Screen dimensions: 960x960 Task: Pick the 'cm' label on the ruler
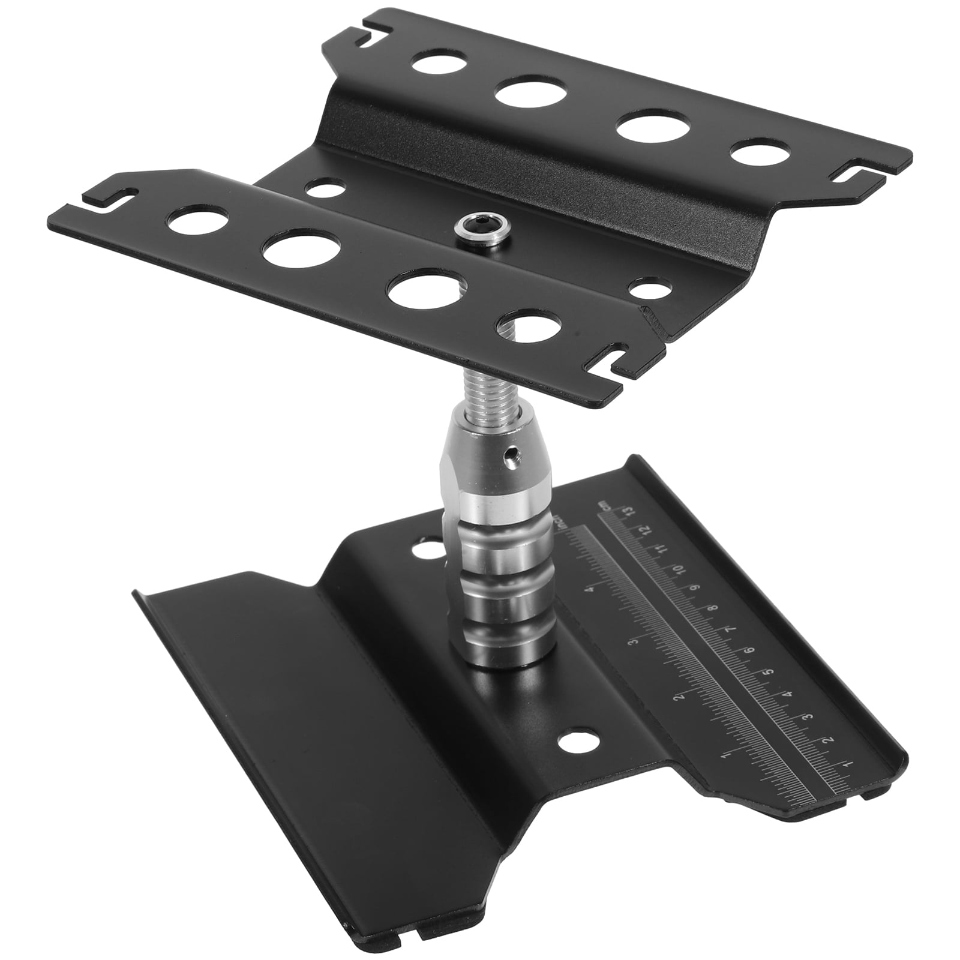[x=606, y=505]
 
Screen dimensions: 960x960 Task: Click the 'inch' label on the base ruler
[x=560, y=522]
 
